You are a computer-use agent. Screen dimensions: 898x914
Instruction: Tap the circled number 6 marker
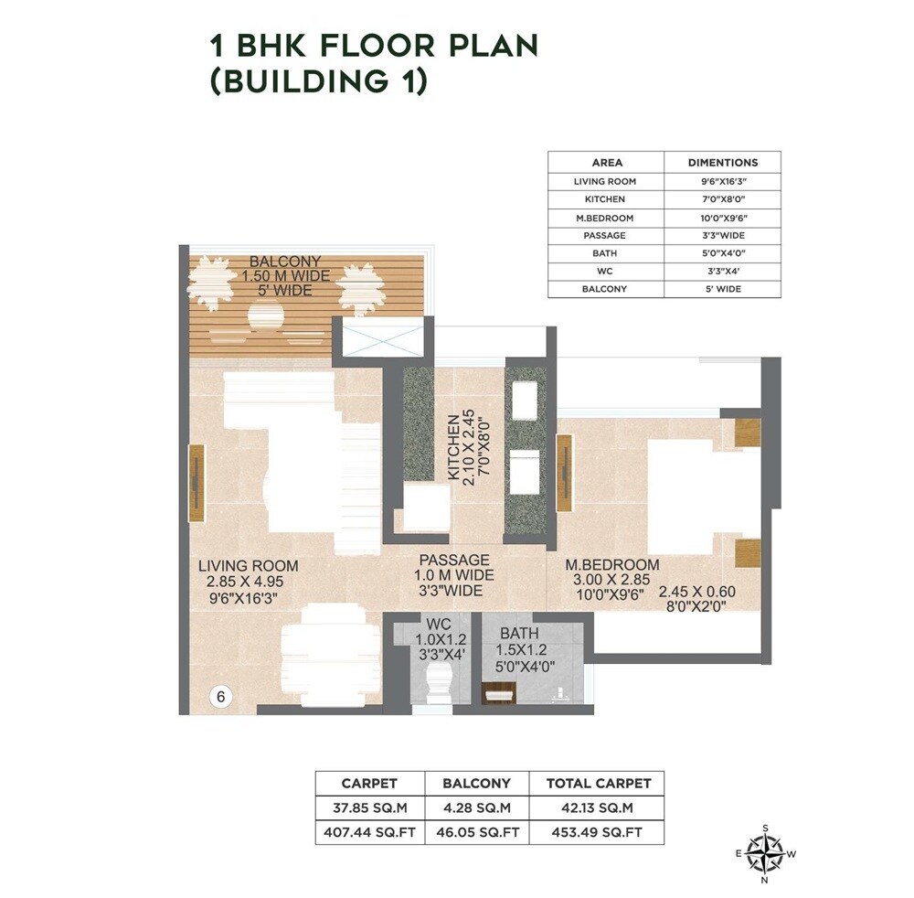[x=220, y=696]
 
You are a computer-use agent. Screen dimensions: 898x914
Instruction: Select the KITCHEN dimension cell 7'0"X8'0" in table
[x=722, y=198]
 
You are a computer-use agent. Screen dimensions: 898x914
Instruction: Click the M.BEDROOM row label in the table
[x=604, y=218]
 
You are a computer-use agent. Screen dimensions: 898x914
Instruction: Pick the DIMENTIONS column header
[x=722, y=162]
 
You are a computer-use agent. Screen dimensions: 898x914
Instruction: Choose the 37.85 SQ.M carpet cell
[x=369, y=807]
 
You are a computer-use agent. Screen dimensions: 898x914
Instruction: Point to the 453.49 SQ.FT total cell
[x=598, y=832]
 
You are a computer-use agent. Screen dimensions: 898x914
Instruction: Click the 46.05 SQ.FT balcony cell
[x=477, y=832]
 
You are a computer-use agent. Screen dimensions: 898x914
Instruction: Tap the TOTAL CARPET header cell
[x=598, y=784]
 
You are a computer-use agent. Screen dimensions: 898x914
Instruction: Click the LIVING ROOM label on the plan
[x=249, y=566]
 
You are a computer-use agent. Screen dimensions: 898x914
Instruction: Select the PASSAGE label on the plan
[x=454, y=560]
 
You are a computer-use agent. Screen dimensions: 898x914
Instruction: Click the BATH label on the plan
[x=518, y=633]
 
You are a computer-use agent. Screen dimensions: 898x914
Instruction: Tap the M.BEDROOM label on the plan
[x=599, y=565]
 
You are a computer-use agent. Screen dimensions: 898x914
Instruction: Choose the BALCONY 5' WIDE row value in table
[x=722, y=289]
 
